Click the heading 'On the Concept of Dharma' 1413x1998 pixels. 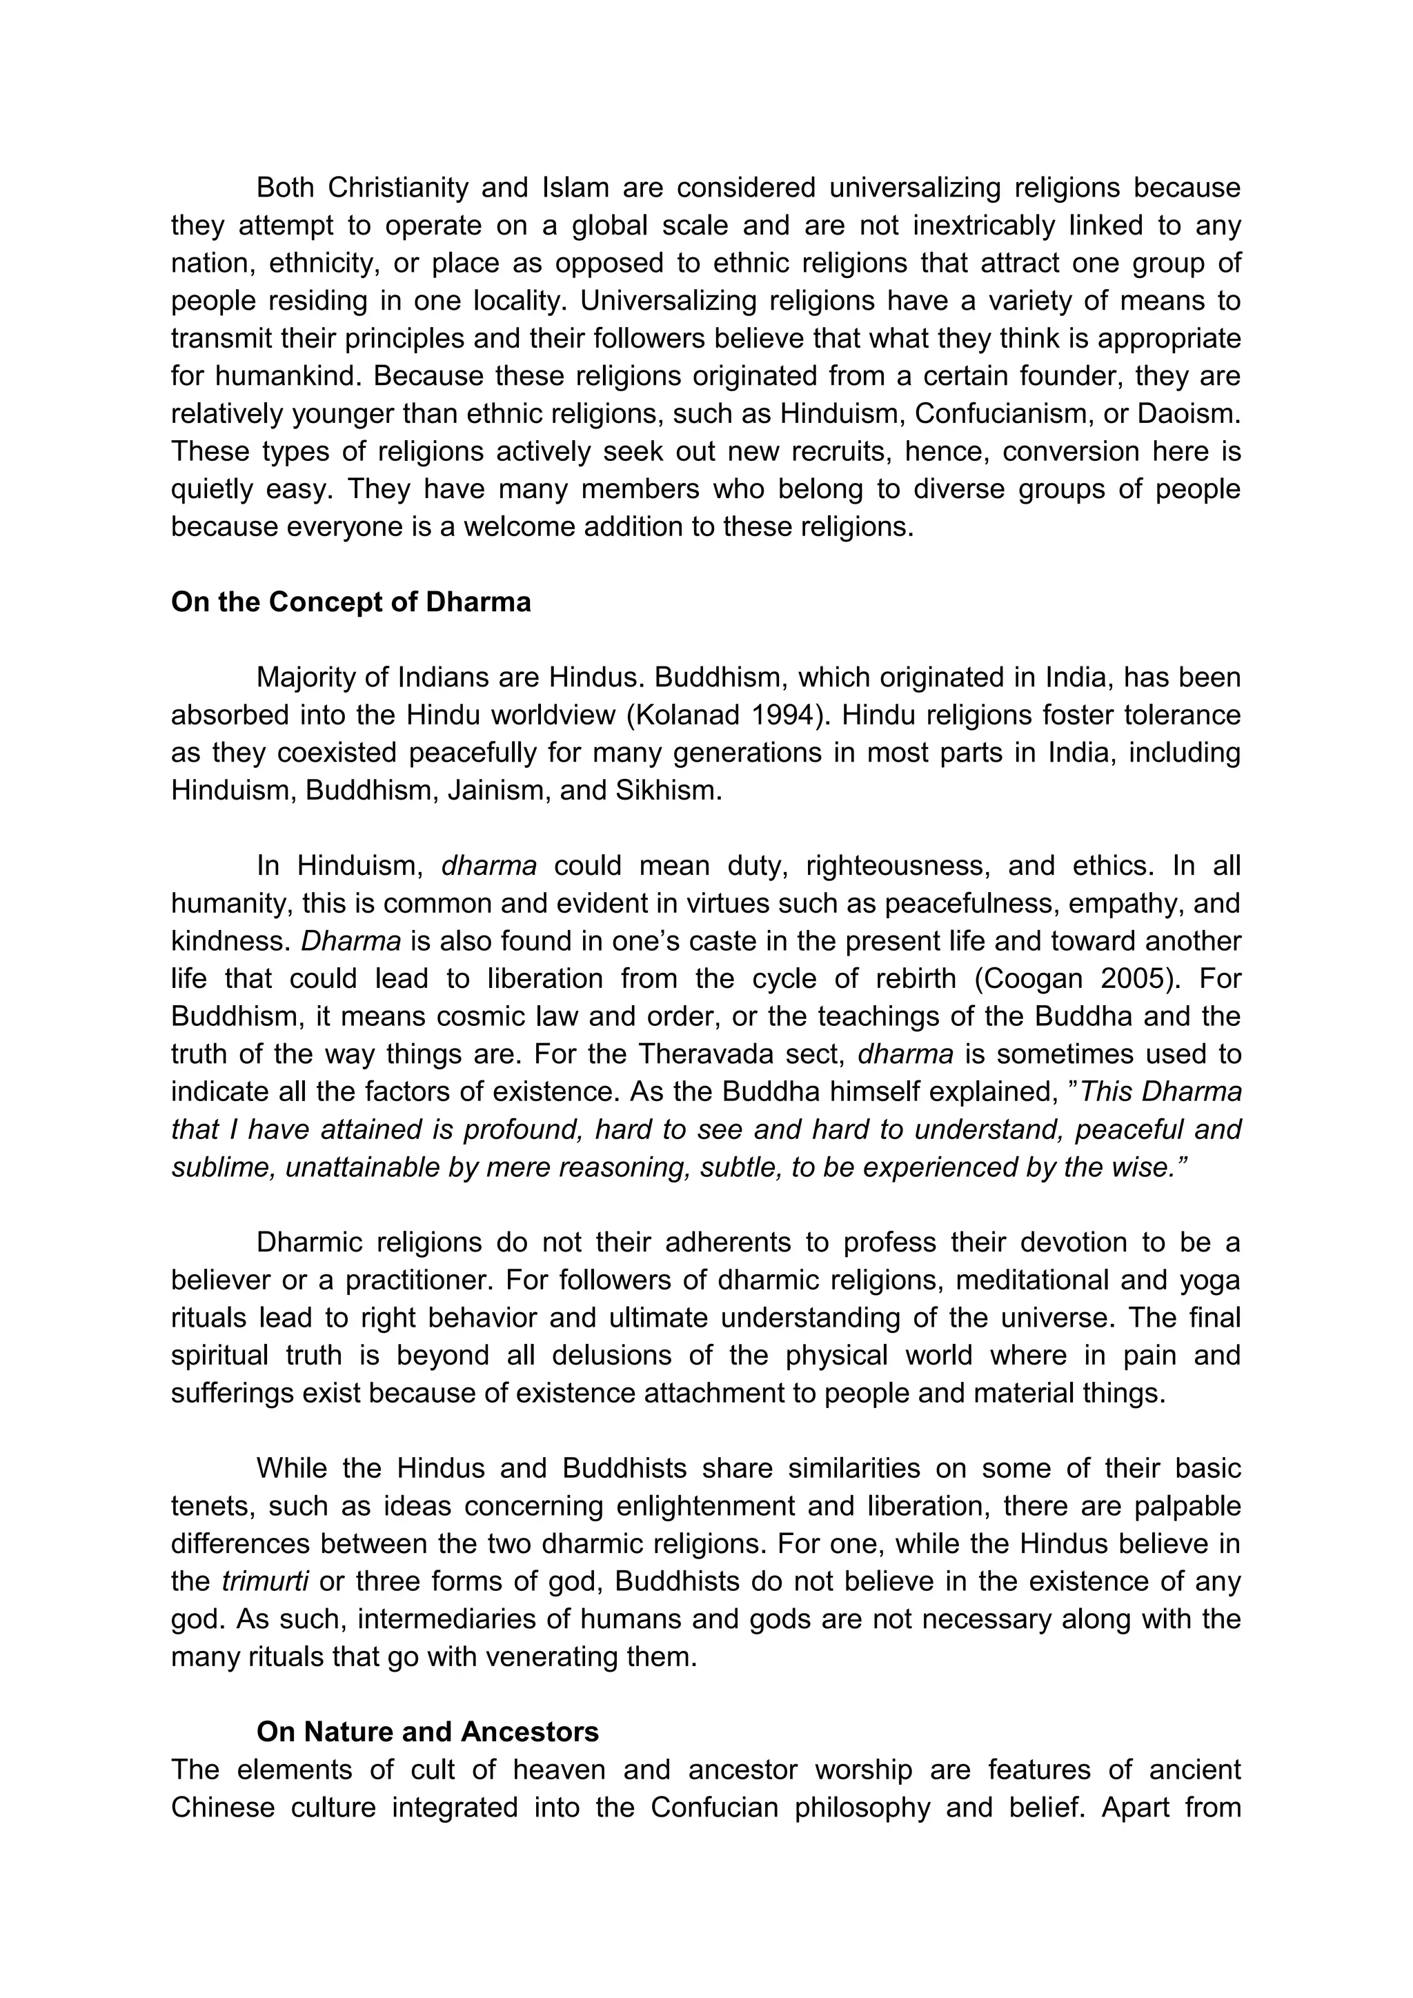pyautogui.click(x=350, y=602)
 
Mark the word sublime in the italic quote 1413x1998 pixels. pyautogui.click(x=223, y=1167)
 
